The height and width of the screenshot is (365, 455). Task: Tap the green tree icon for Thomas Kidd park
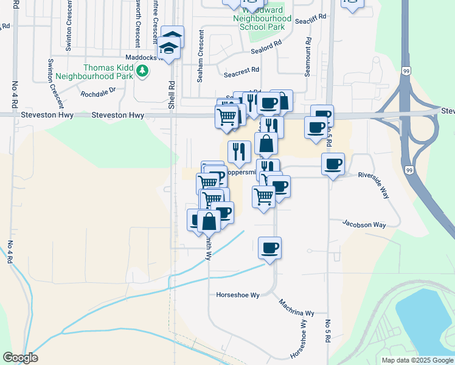coord(143,72)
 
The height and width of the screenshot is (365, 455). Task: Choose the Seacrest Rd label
coord(241,74)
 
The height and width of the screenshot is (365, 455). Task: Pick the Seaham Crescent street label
coord(200,49)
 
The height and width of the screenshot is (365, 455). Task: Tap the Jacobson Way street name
coord(364,224)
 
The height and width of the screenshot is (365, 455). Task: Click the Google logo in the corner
coord(20,358)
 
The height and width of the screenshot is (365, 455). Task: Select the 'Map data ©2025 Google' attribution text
coord(417,360)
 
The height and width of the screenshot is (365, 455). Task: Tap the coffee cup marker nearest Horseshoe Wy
coord(269,248)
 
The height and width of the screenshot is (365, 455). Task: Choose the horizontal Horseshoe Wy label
coord(238,295)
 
